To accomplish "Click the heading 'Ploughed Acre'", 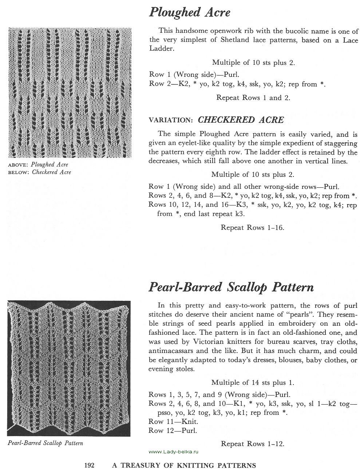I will tap(189, 12).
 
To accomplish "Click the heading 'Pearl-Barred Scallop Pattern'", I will tap(231, 287).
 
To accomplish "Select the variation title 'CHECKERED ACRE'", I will tap(241, 120).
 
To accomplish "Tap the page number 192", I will tap(90, 465).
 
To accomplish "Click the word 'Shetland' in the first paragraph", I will tap(235, 40).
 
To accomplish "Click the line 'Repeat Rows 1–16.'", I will tap(252, 227).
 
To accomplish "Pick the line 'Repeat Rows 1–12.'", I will tap(252, 444).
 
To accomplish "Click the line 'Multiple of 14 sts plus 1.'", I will tap(253, 382).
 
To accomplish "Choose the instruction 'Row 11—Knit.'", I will tap(173, 422).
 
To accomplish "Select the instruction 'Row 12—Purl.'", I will tap(173, 431).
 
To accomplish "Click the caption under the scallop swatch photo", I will tap(45, 443).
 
